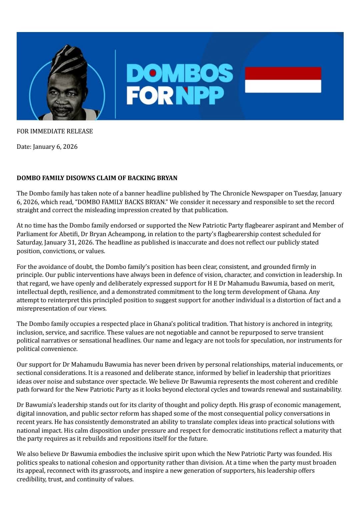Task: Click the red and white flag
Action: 283,80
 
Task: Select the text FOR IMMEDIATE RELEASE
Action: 55,131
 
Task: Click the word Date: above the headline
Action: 24,147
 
